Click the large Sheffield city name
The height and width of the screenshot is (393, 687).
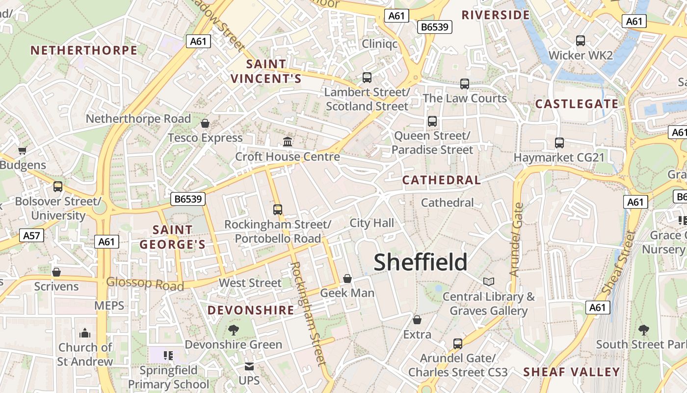[421, 262]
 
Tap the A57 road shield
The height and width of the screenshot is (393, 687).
[31, 236]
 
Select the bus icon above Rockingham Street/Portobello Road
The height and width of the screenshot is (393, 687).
[278, 210]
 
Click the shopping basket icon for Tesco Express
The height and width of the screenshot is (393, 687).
[205, 123]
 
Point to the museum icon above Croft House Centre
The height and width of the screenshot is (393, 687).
[288, 142]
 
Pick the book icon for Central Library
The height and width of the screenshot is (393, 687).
[489, 281]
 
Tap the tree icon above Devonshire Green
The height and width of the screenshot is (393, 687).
[234, 330]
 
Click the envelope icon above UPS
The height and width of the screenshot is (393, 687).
[249, 366]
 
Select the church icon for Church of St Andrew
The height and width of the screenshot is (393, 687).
[85, 333]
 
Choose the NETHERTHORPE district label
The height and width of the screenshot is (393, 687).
[84, 50]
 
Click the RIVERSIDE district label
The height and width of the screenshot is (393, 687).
[496, 15]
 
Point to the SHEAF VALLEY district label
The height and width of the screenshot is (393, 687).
[571, 372]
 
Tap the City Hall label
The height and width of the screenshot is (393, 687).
[371, 223]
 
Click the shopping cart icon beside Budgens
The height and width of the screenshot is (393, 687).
[22, 150]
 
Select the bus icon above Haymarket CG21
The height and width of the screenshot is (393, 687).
[559, 143]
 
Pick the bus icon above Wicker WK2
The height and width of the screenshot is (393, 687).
[581, 41]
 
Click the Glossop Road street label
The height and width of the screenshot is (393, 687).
[145, 283]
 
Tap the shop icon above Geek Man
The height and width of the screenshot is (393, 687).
[347, 279]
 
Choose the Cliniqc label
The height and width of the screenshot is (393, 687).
[379, 44]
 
